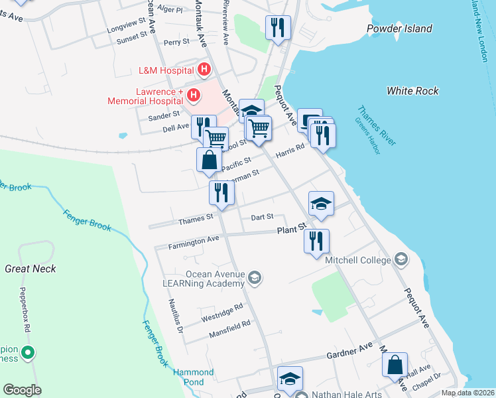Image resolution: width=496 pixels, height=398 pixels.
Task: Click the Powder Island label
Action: click(x=399, y=29)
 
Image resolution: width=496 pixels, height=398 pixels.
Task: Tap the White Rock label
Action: click(x=409, y=90)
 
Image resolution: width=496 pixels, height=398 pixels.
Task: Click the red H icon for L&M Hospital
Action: click(x=204, y=69)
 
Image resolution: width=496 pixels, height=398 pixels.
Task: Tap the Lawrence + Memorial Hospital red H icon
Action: click(x=194, y=96)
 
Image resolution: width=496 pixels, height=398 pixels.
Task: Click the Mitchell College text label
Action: click(x=357, y=260)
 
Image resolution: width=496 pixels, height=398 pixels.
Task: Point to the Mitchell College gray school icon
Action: click(x=401, y=258)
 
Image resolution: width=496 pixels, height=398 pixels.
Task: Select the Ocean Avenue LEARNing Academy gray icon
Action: click(x=256, y=278)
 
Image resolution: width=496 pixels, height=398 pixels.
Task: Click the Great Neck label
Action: click(x=31, y=269)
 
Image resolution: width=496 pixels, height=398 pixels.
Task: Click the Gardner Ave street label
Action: click(x=351, y=352)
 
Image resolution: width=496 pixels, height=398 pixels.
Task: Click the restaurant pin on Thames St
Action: click(x=221, y=192)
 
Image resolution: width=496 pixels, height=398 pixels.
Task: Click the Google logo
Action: click(x=22, y=390)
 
